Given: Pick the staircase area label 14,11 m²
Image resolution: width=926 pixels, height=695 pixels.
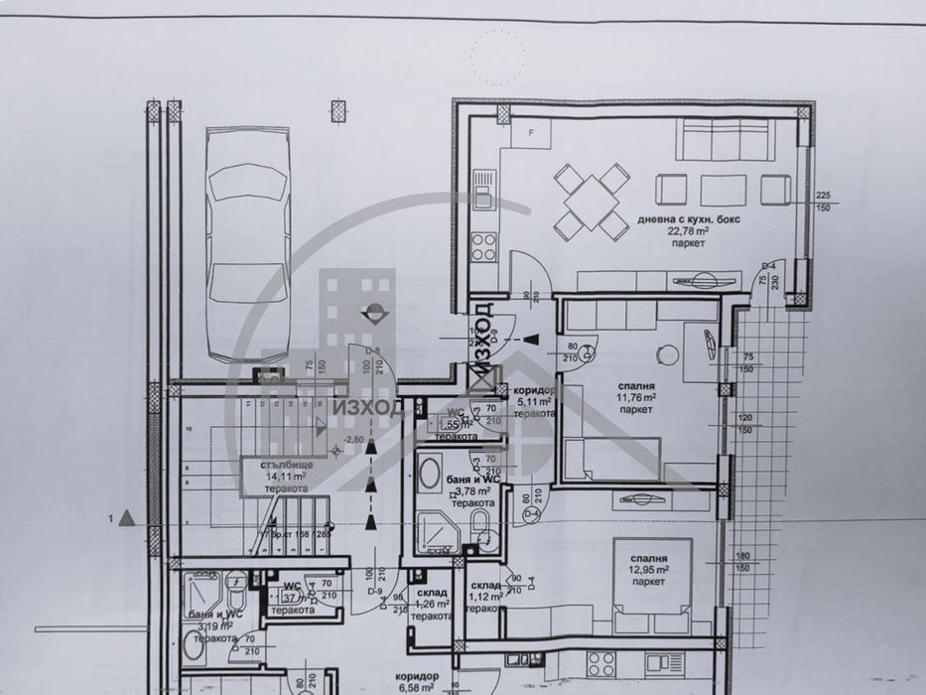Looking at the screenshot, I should pos(284,476).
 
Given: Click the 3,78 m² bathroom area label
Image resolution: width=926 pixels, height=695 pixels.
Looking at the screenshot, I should pos(472,491).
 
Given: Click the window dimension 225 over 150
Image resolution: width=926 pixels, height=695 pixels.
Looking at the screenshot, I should pos(822,202).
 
